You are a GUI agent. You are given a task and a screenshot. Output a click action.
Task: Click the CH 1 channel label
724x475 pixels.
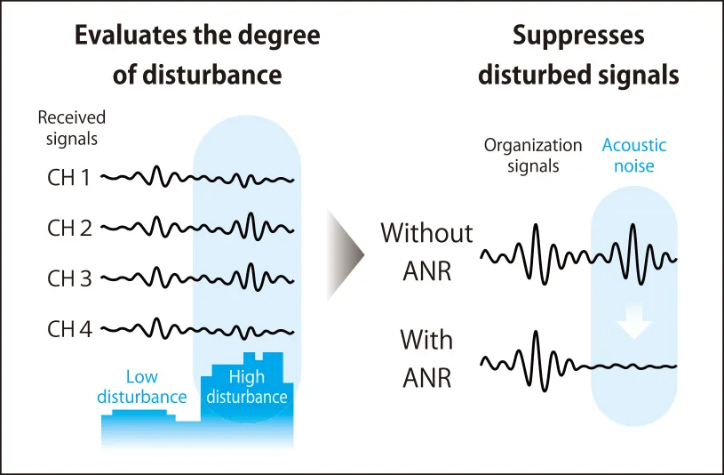coord(68,177)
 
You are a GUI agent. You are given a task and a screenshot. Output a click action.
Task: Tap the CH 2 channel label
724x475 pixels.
coord(69,228)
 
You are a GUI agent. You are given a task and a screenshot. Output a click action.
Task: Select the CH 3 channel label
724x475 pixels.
coord(69,278)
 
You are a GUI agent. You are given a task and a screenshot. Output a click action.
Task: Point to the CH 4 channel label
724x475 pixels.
coord(69,329)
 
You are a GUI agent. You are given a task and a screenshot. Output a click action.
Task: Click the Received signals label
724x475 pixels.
coord(72,128)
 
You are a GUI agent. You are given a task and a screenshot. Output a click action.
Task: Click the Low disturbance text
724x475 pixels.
coord(142,387)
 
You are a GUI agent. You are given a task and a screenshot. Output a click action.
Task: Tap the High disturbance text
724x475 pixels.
coord(247,387)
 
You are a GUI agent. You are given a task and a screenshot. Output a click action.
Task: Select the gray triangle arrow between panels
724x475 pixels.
coord(346,254)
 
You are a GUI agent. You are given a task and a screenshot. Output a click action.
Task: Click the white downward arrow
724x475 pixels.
coord(634,321)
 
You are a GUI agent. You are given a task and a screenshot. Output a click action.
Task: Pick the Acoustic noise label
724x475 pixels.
coord(634,156)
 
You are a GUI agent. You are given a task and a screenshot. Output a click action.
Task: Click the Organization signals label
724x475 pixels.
coord(533,156)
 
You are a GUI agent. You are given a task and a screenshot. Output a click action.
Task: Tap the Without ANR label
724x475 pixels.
coord(426,252)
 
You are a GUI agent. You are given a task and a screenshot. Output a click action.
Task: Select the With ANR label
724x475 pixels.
coord(426,358)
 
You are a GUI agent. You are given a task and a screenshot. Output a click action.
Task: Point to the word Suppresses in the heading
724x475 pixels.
coord(578,36)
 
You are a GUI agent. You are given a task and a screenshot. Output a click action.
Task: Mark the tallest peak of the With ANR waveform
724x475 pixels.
coord(536,332)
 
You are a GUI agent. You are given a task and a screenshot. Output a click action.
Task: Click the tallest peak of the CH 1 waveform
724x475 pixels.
coord(157,166)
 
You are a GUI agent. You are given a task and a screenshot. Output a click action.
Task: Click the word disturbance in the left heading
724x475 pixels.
coord(212,75)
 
